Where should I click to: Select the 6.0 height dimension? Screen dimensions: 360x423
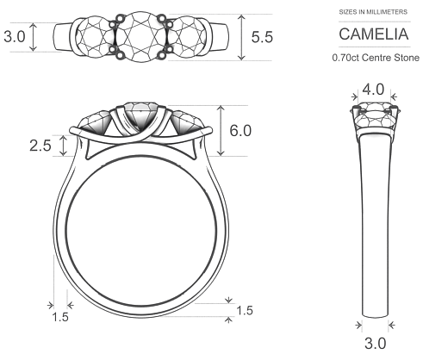(x=240, y=131)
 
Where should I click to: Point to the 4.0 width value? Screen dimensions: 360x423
(x=373, y=89)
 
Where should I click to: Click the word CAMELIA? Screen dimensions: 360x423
(x=372, y=35)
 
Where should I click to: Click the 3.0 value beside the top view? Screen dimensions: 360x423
(x=15, y=37)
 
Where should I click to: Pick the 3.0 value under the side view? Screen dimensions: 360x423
(x=373, y=344)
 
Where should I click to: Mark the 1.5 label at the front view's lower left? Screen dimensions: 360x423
(x=59, y=317)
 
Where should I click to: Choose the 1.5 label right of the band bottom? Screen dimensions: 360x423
(x=245, y=309)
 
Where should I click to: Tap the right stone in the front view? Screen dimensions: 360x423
(x=188, y=121)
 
